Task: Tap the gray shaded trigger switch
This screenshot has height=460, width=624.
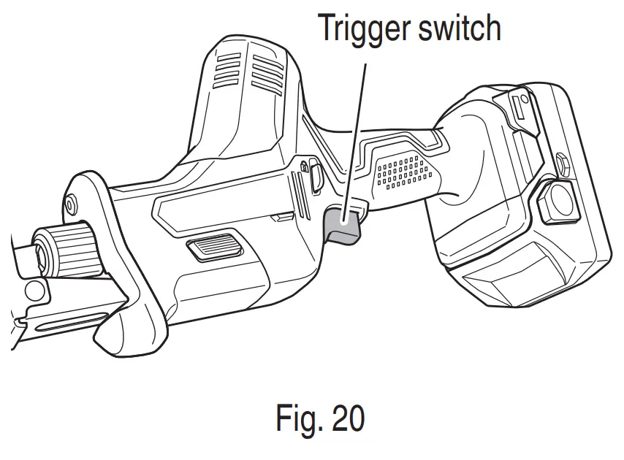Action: [342, 223]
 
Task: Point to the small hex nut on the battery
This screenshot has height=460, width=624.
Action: [560, 161]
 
